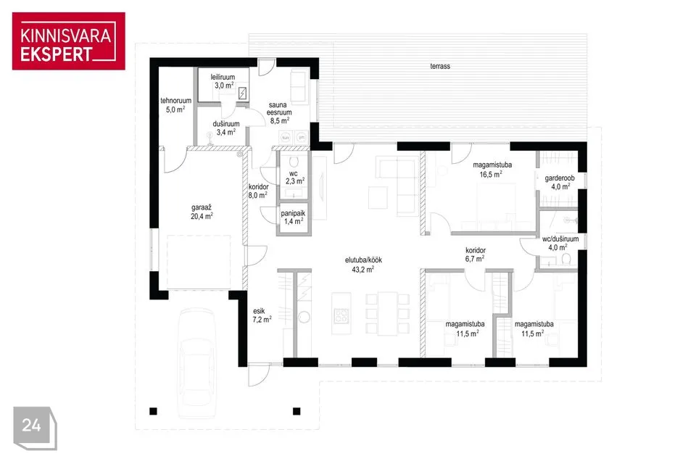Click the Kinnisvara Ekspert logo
(x=69, y=41)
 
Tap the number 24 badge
(x=35, y=428)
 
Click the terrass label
(x=440, y=66)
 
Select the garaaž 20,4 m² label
(x=202, y=212)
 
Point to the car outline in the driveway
(x=196, y=364)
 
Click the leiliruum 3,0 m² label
(x=223, y=81)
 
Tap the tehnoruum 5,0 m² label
(x=175, y=105)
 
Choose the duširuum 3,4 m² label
(x=226, y=128)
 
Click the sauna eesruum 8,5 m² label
(x=279, y=113)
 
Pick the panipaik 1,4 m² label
(x=293, y=217)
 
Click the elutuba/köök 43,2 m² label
(x=363, y=265)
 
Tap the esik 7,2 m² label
(x=262, y=315)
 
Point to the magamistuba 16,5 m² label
(x=492, y=170)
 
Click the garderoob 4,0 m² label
(x=560, y=183)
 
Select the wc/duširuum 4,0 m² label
(x=560, y=243)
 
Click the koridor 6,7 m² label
(x=476, y=254)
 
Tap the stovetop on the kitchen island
(x=341, y=315)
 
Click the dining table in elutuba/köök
(x=387, y=313)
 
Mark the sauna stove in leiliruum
(x=242, y=94)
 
